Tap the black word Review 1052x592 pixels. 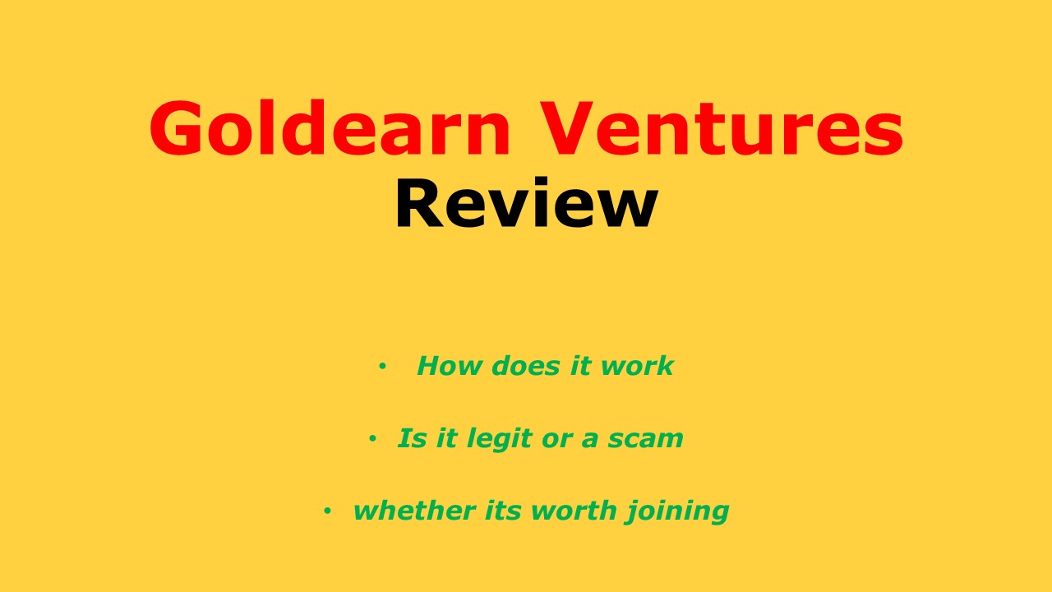pyautogui.click(x=526, y=204)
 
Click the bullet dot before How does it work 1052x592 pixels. pyautogui.click(x=381, y=367)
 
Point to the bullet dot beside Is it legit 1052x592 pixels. pyautogui.click(x=372, y=439)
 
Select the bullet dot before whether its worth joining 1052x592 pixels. pyautogui.click(x=327, y=511)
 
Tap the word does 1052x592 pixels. pyautogui.click(x=516, y=366)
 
